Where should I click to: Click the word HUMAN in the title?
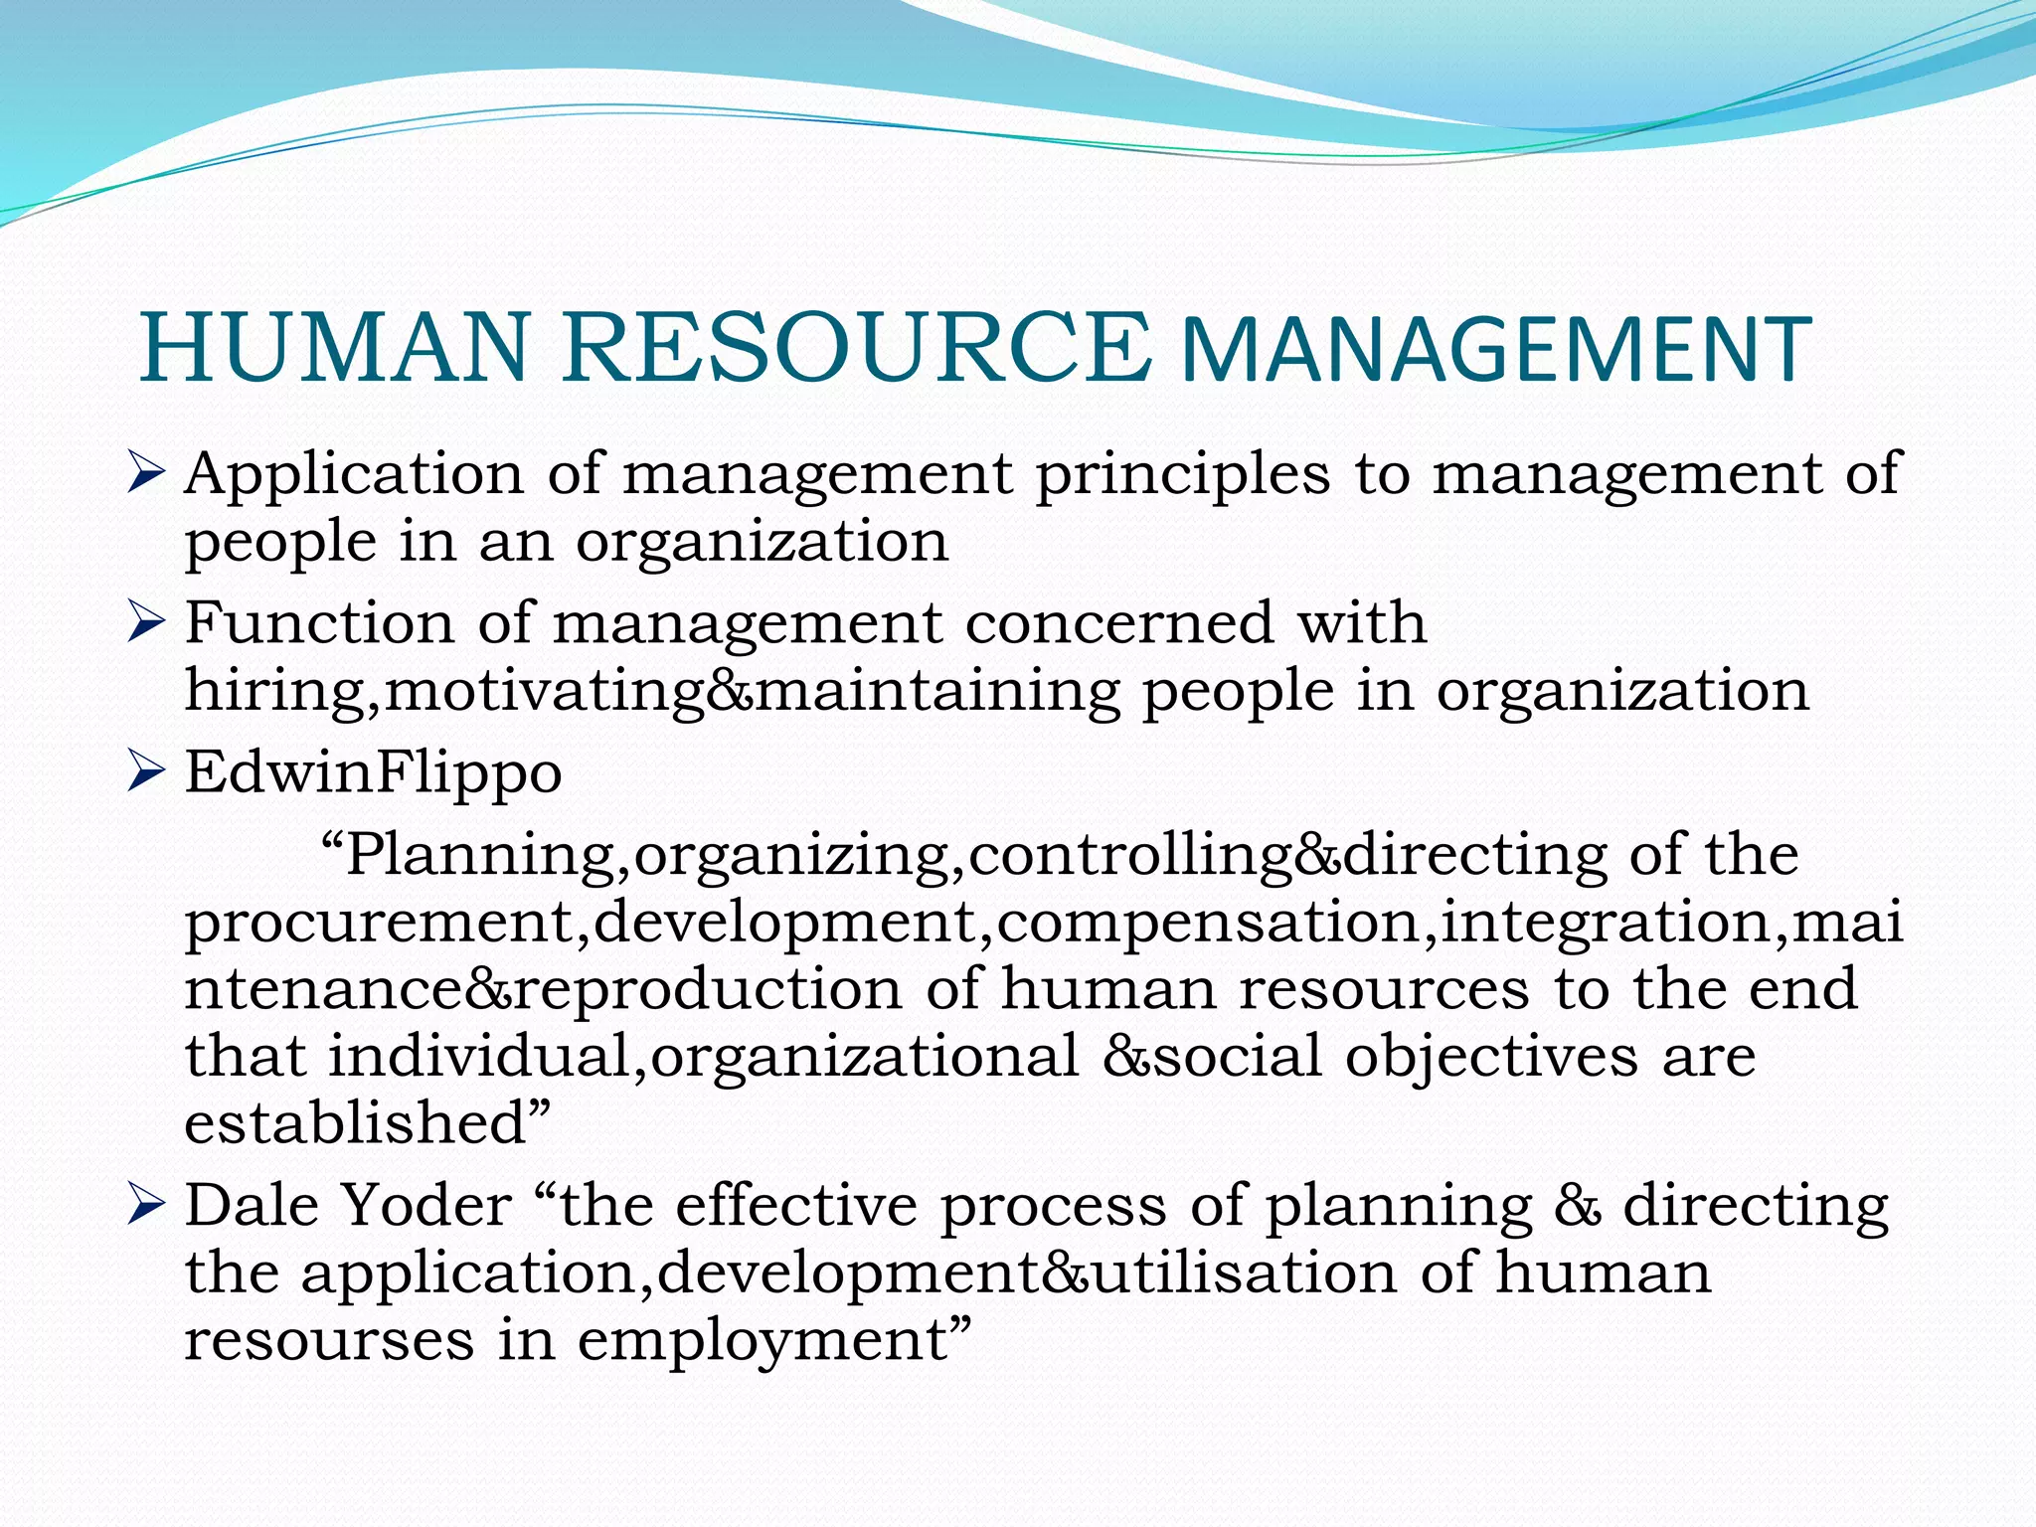click(x=334, y=348)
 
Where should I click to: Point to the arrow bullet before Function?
click(x=145, y=623)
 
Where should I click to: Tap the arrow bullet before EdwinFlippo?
click(x=145, y=772)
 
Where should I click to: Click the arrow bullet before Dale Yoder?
click(x=145, y=1205)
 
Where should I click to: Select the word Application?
click(x=354, y=475)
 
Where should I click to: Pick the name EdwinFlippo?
click(x=374, y=773)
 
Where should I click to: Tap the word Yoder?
click(x=425, y=1205)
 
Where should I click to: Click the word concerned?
click(x=1118, y=623)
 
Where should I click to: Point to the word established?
click(x=354, y=1122)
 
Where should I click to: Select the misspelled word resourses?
click(x=329, y=1340)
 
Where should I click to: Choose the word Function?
click(x=318, y=623)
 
